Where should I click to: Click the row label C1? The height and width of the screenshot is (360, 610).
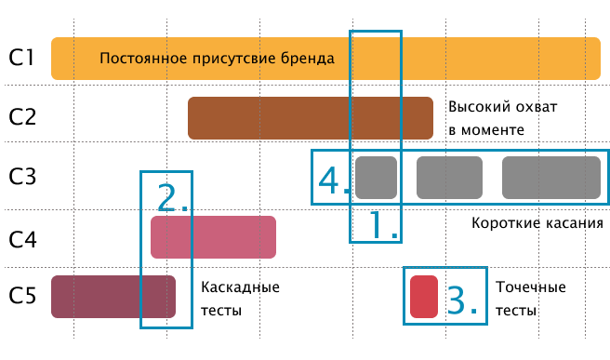click(22, 59)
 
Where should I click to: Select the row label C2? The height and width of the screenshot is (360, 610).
click(22, 117)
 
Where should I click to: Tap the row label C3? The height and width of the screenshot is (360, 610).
click(22, 178)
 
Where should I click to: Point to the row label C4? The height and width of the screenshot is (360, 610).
click(22, 238)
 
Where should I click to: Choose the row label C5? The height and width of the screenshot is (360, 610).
click(22, 297)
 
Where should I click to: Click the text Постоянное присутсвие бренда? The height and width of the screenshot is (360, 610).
click(217, 59)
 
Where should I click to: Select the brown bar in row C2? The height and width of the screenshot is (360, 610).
click(311, 117)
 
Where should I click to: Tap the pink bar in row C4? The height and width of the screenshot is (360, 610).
click(213, 237)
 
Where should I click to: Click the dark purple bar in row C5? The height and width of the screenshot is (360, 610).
click(113, 297)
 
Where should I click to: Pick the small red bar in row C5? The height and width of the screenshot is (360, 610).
click(423, 297)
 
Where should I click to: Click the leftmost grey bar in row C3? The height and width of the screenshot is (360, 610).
click(376, 178)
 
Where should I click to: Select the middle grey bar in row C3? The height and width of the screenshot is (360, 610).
click(449, 178)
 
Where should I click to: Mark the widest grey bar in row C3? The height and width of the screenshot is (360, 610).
click(550, 178)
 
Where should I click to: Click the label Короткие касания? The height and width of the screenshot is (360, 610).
click(537, 224)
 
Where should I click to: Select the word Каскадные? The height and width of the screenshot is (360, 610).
click(241, 287)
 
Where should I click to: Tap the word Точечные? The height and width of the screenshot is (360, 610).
click(531, 287)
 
